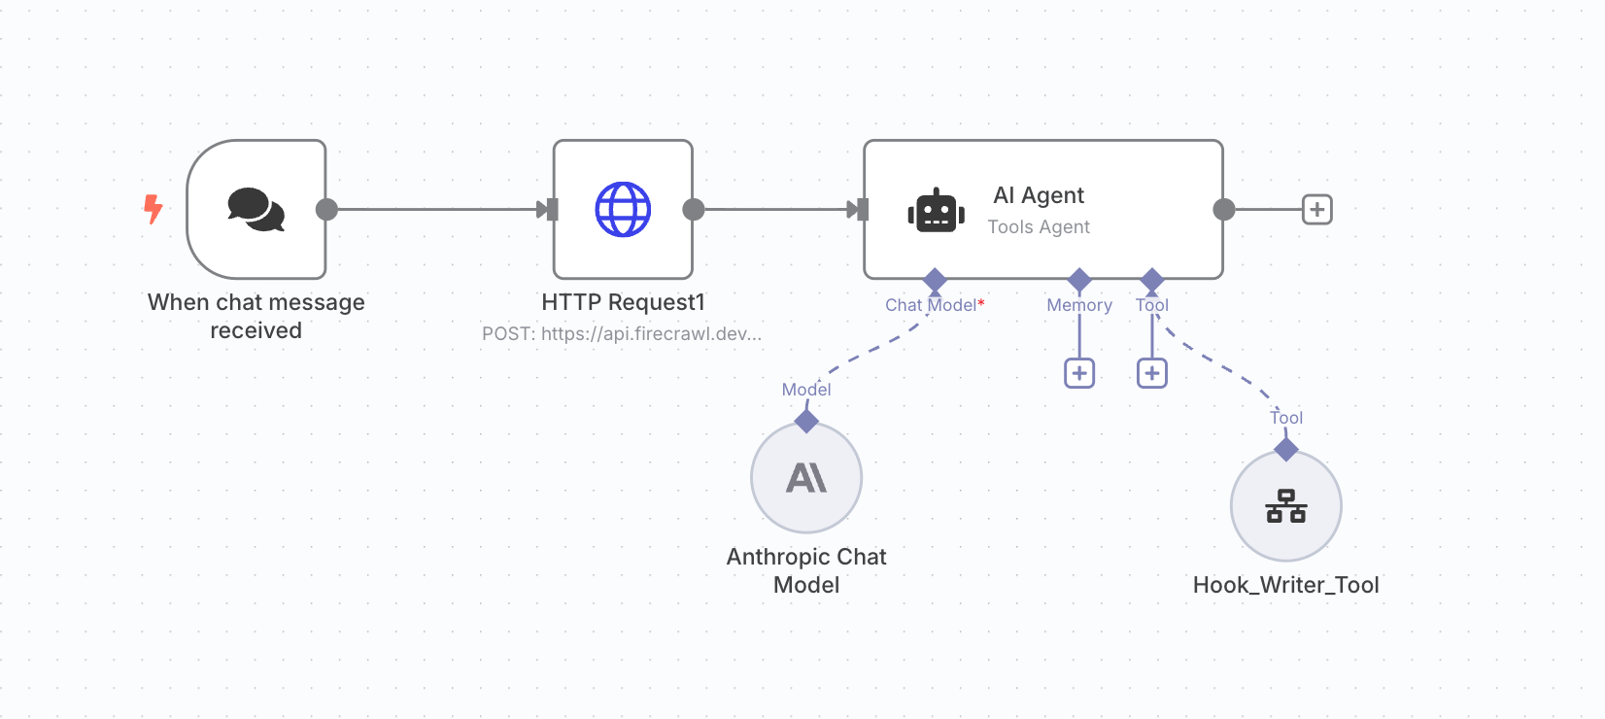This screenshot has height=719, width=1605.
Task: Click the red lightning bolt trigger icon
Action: click(153, 209)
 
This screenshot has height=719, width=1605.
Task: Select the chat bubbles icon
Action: click(256, 209)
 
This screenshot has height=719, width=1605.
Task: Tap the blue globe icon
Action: click(623, 209)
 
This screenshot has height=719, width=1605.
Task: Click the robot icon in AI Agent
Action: click(936, 210)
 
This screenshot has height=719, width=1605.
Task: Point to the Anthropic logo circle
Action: click(806, 477)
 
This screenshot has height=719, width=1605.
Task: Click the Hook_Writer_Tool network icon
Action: click(1286, 505)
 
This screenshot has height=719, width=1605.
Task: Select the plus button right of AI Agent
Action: click(1317, 209)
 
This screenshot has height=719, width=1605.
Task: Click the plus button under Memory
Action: click(1079, 373)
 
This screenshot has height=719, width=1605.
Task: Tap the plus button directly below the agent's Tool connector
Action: click(1152, 373)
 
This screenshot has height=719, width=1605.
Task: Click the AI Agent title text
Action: click(1039, 195)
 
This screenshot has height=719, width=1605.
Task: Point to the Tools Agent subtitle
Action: click(1039, 226)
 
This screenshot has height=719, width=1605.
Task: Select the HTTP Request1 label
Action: click(623, 302)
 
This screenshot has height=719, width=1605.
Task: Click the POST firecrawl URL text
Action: click(622, 333)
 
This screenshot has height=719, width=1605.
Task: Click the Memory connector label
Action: click(1079, 305)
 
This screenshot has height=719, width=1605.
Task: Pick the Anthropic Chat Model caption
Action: click(806, 570)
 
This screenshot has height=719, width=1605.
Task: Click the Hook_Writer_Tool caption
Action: click(1286, 585)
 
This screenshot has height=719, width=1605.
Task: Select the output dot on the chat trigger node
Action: click(327, 209)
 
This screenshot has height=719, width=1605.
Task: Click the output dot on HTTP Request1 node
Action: click(694, 209)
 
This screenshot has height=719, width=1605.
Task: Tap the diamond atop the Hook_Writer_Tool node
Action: click(1286, 449)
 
